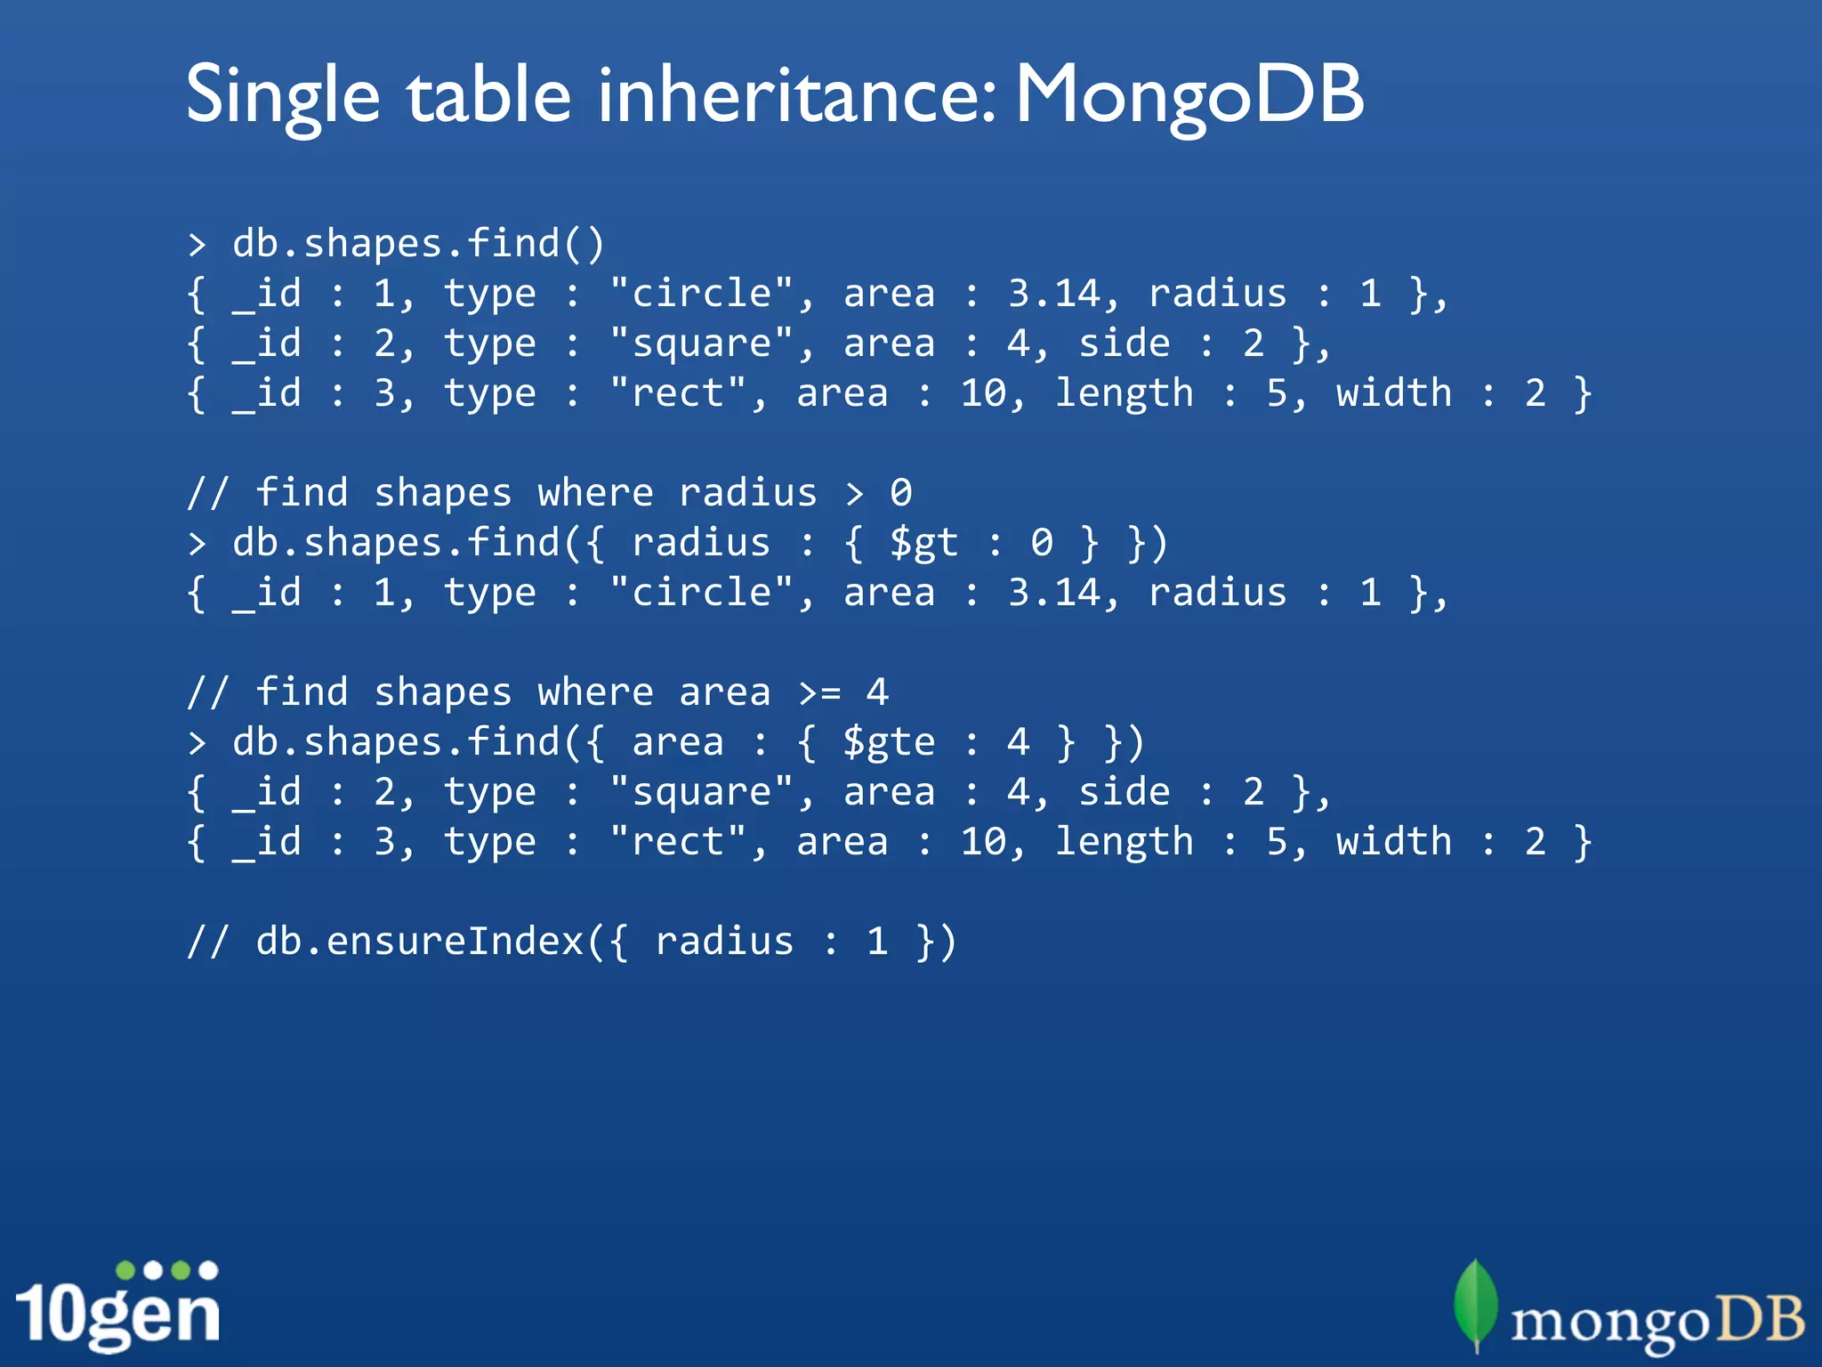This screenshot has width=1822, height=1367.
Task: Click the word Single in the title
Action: (283, 96)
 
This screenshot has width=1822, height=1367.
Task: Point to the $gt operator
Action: (923, 543)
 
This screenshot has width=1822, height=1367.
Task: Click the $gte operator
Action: (889, 742)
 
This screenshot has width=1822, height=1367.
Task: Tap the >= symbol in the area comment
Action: (819, 692)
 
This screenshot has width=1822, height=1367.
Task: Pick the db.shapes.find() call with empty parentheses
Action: (418, 244)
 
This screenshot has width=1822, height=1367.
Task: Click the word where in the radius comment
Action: (595, 493)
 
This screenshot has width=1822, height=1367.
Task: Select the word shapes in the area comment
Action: (442, 692)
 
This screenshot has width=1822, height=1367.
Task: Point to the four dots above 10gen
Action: (166, 1270)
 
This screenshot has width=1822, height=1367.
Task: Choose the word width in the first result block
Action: (1393, 393)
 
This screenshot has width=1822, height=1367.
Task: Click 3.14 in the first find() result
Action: (1053, 294)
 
